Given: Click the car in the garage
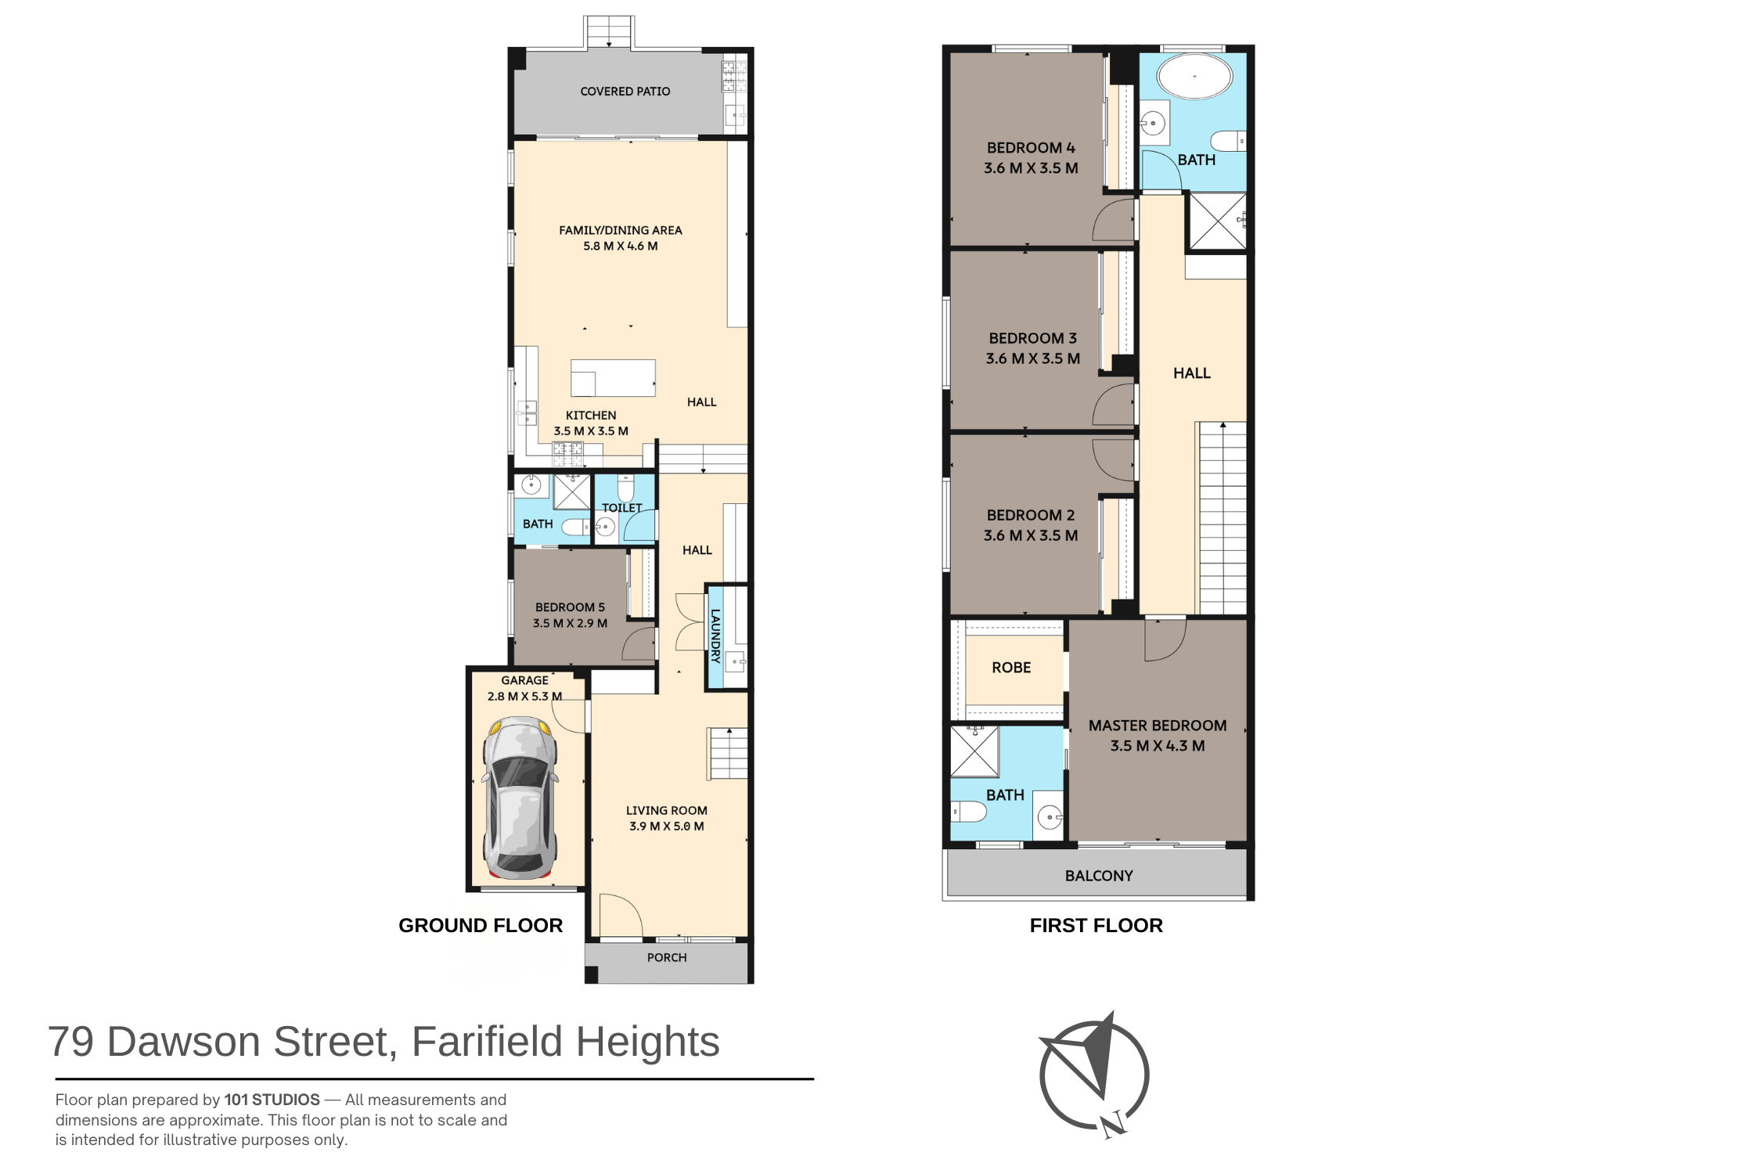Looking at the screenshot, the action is pos(520,798).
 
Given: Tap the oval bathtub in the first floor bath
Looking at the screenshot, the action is pos(1194,77).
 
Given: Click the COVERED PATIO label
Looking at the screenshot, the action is pos(625,92).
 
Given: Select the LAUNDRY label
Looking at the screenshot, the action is pos(715,636).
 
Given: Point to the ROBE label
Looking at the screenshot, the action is pos(1011,668).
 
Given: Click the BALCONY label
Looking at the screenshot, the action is pos(1099,876).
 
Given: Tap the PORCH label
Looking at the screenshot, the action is pos(667,957).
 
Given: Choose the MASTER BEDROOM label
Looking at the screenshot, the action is pos(1158,726).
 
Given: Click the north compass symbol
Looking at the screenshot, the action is pos(1094,1074).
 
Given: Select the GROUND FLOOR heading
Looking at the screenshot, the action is pos(481,925).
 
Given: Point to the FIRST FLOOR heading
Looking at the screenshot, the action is pos(1096,925).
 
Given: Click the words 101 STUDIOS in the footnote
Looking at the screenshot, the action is pos(272,1100).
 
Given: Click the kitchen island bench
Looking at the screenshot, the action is pos(613,378).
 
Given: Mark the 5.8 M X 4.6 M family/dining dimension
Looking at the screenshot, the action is pos(621,246).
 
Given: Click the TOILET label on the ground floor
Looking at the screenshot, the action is pos(622,508).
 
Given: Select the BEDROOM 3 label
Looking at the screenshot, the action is pos(1033,338).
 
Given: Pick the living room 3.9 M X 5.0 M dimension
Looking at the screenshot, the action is pos(667,826).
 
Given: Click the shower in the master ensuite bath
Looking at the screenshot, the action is pos(975,751).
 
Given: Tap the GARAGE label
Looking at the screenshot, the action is pos(524,680).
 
